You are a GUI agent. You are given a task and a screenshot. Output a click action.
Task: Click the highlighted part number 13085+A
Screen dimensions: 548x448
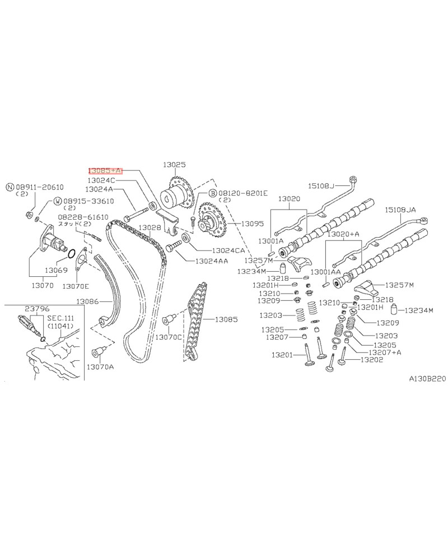click(x=105, y=170)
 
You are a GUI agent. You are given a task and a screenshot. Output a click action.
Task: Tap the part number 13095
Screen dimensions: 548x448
click(x=253, y=223)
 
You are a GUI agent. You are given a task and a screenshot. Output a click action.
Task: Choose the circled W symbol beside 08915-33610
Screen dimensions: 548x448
click(x=58, y=201)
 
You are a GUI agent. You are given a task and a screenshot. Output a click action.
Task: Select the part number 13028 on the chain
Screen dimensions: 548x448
click(x=150, y=227)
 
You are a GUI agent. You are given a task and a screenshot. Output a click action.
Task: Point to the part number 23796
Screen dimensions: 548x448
click(x=35, y=308)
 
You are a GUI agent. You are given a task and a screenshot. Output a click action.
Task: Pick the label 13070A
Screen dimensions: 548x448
click(x=100, y=366)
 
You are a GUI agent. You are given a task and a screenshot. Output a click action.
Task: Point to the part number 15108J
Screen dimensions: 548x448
click(x=321, y=185)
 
